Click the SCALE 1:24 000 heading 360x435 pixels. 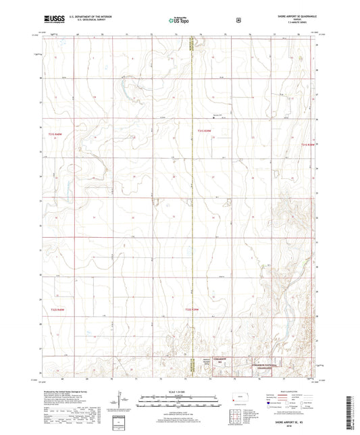(179, 392)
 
